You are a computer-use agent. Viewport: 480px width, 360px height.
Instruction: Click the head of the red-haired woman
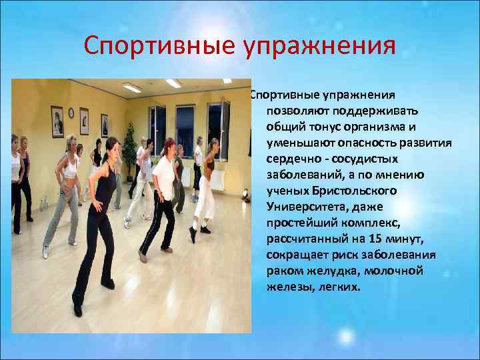(169, 145)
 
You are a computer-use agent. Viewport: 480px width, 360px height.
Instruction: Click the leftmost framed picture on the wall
(58, 121)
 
